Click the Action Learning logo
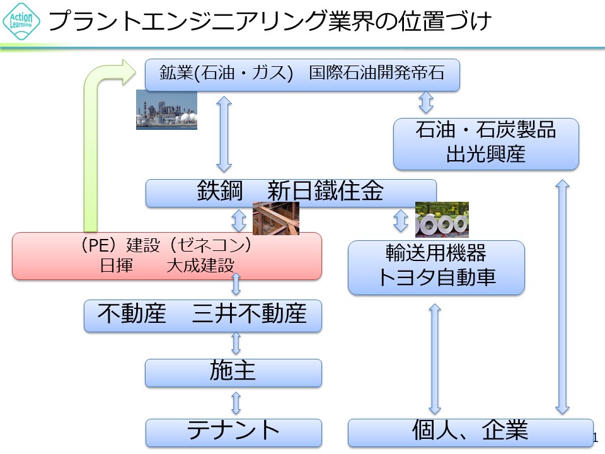(21, 21)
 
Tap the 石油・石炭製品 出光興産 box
(485, 143)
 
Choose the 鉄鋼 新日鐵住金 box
(291, 192)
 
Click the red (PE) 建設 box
(166, 255)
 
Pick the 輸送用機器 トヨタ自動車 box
(436, 267)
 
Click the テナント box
(233, 432)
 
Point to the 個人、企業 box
(470, 432)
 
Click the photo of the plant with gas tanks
(166, 110)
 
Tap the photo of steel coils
(442, 219)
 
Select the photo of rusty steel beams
(275, 218)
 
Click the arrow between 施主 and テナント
(236, 402)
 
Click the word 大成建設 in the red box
(200, 266)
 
